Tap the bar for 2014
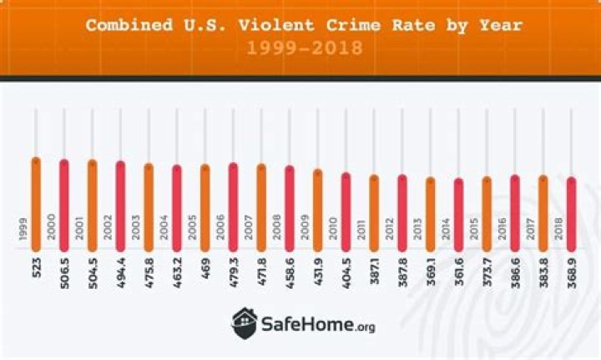(458, 214)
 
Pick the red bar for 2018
(571, 213)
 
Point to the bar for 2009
(317, 209)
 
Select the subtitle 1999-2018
(305, 48)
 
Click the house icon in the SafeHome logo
(245, 321)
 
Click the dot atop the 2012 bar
(402, 179)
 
